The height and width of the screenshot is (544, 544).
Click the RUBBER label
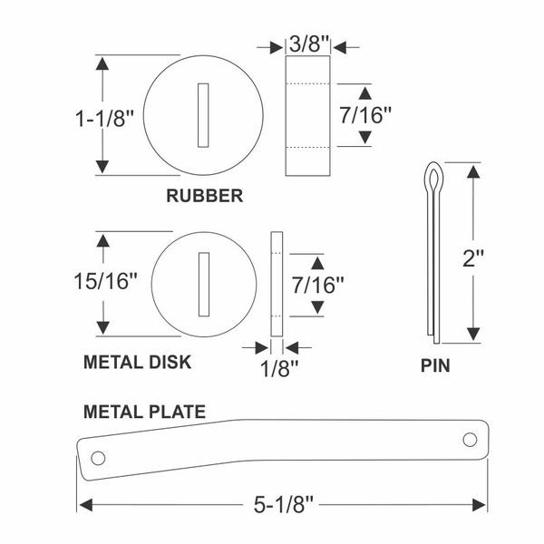click(x=205, y=196)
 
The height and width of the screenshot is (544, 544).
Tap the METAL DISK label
click(x=138, y=362)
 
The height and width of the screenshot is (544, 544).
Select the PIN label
click(x=435, y=365)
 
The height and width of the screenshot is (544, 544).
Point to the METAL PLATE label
click(x=145, y=412)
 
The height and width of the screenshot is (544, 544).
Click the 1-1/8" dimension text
click(x=104, y=118)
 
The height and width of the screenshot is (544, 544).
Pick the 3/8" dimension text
click(x=308, y=44)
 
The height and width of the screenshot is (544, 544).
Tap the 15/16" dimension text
click(x=105, y=281)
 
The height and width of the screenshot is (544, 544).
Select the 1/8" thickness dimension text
click(x=279, y=368)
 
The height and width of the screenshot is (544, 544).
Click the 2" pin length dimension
click(x=473, y=257)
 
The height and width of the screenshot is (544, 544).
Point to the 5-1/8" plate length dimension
click(x=284, y=505)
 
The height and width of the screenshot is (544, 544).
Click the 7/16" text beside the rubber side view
click(x=365, y=115)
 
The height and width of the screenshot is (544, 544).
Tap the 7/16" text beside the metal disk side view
click(x=317, y=285)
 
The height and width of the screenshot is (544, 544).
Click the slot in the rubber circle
click(x=203, y=115)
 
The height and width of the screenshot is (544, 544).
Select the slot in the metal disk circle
click(x=204, y=285)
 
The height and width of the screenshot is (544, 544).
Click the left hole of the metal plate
click(x=98, y=458)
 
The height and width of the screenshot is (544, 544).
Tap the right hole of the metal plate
click(x=470, y=440)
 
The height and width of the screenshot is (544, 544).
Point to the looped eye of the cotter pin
click(x=433, y=178)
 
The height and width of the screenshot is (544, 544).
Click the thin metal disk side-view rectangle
click(x=277, y=284)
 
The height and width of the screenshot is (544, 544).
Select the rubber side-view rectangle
click(x=307, y=115)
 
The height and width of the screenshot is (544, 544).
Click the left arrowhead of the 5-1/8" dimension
click(x=86, y=505)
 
